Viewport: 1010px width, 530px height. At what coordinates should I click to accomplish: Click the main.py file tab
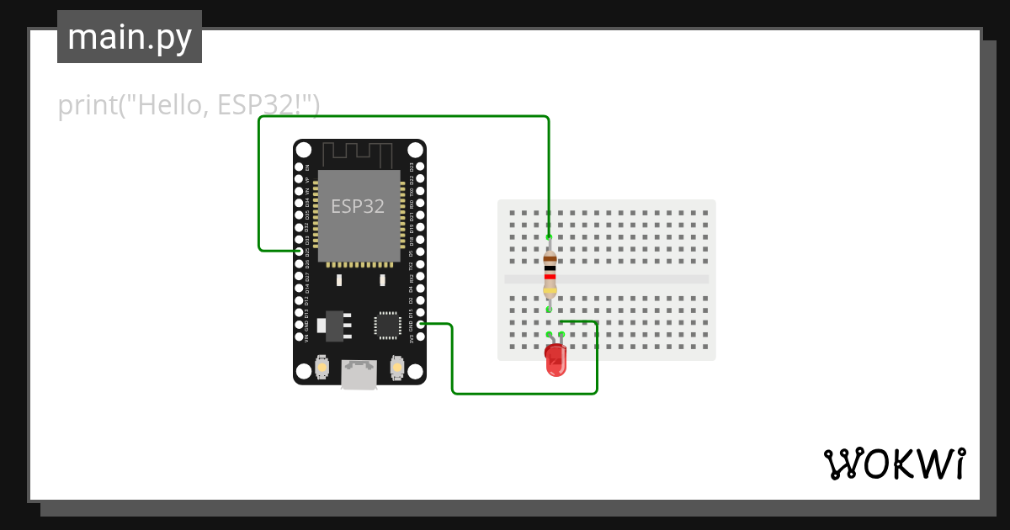130,37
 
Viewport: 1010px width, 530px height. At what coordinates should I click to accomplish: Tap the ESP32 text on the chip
358,206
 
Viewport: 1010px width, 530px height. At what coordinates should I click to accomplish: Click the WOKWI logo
894,464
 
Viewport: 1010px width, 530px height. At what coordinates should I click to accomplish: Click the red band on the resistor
550,276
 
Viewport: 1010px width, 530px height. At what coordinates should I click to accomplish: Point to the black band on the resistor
550,268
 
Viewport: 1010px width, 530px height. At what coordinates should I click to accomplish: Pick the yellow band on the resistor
550,291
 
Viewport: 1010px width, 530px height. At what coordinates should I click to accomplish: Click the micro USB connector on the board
359,374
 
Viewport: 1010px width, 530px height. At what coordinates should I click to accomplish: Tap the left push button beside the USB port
321,368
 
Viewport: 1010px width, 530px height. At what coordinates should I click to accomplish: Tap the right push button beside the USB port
397,368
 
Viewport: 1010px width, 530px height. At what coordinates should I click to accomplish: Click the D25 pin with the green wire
299,251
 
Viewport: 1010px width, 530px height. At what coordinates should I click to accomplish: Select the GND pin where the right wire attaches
420,324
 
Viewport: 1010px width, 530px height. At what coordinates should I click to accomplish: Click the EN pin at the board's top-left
299,167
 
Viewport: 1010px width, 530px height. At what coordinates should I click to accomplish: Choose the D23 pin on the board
420,167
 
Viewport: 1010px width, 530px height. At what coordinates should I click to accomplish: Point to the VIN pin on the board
299,336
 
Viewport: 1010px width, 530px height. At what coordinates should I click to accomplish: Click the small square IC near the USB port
387,325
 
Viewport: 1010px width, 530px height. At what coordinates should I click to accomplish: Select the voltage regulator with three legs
335,325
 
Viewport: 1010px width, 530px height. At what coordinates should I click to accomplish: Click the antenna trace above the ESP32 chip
359,155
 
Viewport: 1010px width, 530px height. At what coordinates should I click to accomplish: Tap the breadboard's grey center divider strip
606,279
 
